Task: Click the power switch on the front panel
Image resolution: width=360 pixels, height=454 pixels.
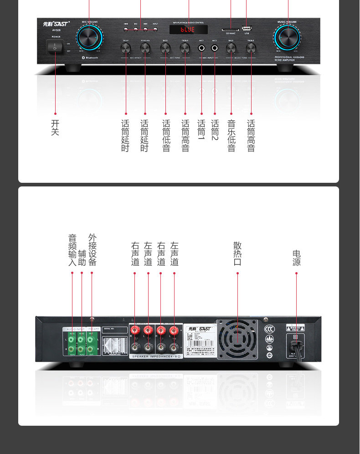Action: click(55, 46)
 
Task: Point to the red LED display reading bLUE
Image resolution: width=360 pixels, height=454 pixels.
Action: click(188, 30)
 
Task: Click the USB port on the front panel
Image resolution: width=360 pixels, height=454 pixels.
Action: click(247, 28)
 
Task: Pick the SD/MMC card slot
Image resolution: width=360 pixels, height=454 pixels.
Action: click(230, 29)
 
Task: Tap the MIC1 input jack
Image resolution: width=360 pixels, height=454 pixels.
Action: click(201, 47)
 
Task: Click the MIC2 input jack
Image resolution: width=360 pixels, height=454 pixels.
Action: click(215, 47)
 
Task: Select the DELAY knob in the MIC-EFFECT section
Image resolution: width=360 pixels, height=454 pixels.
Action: click(126, 47)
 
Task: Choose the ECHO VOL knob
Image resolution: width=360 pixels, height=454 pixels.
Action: click(145, 47)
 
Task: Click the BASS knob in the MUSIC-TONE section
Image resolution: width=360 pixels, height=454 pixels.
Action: click(231, 47)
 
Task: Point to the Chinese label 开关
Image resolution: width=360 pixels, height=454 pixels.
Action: click(55, 128)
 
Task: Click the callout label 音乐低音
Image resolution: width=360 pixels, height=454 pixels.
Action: click(231, 136)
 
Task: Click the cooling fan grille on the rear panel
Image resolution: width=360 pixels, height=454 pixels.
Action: click(237, 339)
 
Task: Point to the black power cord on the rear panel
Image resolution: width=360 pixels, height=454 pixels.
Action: click(298, 351)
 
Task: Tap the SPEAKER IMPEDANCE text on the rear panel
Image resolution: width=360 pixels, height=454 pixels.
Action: click(156, 356)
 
